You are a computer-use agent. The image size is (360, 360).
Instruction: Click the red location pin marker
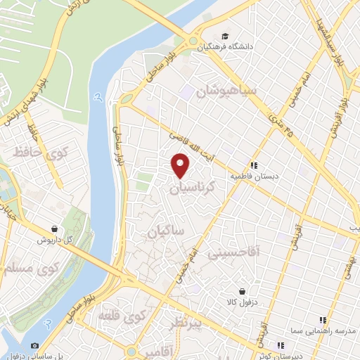tap(181, 165)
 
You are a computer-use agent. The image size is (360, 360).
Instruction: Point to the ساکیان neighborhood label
tap(166, 231)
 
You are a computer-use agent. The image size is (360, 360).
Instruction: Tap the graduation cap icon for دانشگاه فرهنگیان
tap(224, 37)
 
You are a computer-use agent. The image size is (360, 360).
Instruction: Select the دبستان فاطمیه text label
tap(252, 176)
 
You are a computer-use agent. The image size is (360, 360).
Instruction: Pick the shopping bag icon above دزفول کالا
tap(242, 291)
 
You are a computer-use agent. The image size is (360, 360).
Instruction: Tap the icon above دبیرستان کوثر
tap(281, 345)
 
